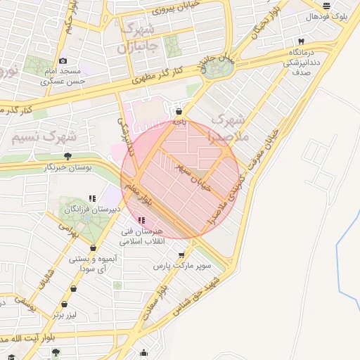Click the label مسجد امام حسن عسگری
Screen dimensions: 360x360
[63, 77]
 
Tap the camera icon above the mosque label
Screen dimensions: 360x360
[63, 61]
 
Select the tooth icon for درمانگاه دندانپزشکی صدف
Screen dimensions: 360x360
[301, 41]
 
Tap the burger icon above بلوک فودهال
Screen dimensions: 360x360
[326, 5]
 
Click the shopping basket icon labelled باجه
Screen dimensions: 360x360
[180, 111]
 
